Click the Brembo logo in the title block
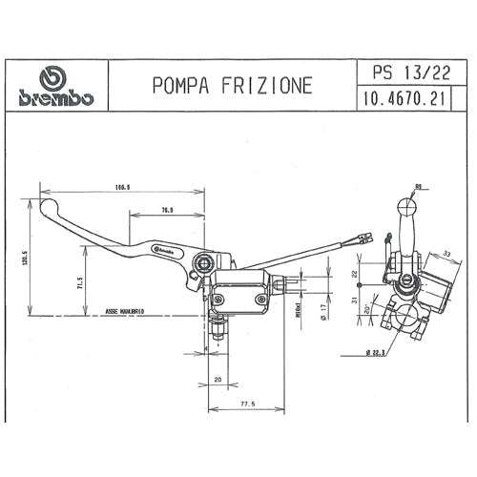(x=56, y=86)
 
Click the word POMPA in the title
(x=181, y=86)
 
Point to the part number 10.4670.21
(x=400, y=98)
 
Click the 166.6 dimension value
(x=121, y=188)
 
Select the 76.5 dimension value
(x=167, y=209)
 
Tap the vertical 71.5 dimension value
(x=79, y=281)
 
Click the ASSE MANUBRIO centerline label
(x=124, y=312)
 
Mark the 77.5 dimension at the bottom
(x=248, y=404)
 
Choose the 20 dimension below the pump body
(x=218, y=379)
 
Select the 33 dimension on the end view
(x=445, y=254)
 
